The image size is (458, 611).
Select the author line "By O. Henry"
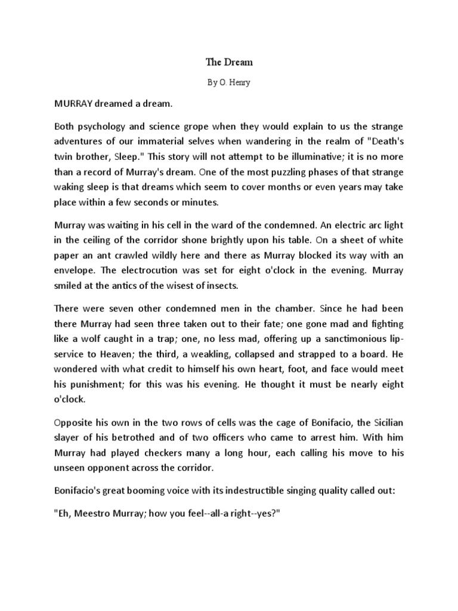coord(229,83)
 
